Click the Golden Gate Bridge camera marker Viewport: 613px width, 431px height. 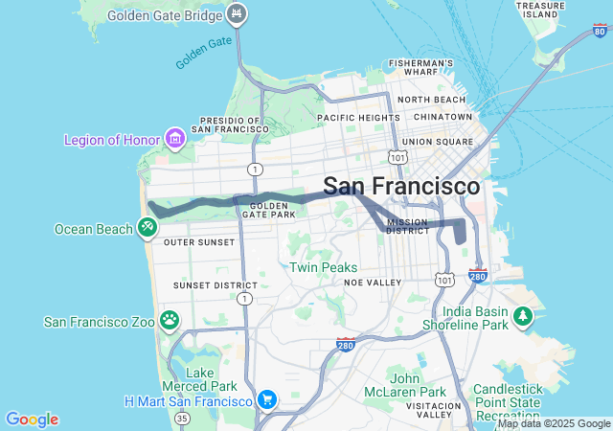click(x=238, y=15)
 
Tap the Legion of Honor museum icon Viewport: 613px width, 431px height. click(x=174, y=140)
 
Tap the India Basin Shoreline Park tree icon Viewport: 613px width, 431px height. click(x=523, y=315)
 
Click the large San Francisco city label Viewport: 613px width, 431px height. click(x=401, y=187)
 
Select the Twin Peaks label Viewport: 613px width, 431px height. click(x=323, y=267)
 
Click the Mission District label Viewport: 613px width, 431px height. click(x=408, y=226)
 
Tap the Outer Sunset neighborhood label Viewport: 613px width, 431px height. click(x=199, y=242)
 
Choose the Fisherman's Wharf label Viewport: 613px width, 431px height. click(x=420, y=67)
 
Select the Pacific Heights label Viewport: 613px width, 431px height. click(x=358, y=117)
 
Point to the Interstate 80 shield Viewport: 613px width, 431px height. click(x=600, y=32)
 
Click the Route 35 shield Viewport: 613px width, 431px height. click(x=183, y=418)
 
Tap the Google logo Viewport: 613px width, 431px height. click(x=32, y=420)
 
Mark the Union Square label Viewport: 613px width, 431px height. click(x=438, y=142)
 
